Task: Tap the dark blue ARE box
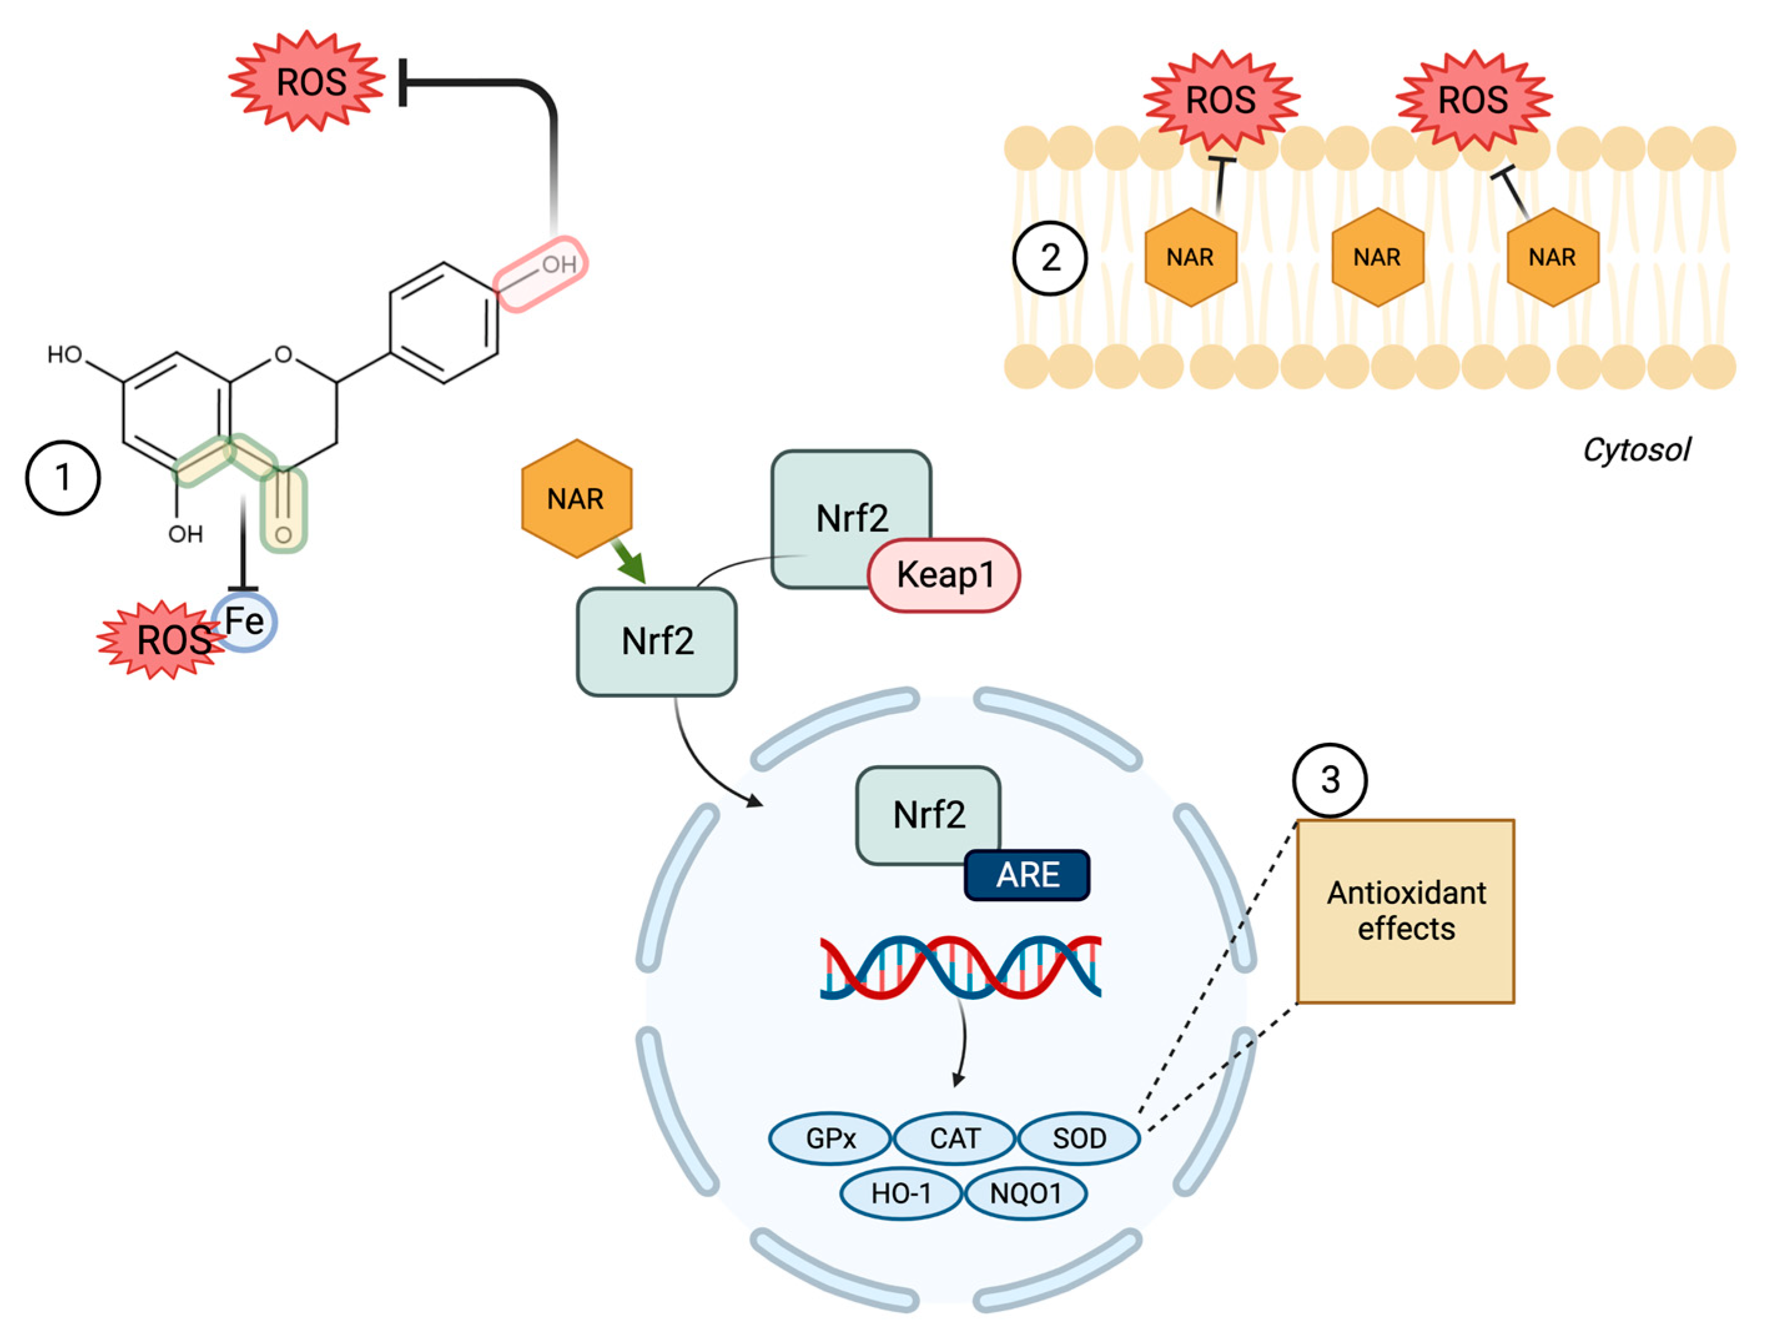point(1027,874)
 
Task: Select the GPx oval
point(830,1138)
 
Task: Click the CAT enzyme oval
point(954,1138)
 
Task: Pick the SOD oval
point(1078,1138)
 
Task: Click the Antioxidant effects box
point(1405,911)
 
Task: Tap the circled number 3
point(1330,780)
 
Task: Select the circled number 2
point(1050,258)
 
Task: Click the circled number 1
point(62,477)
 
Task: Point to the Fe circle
point(245,622)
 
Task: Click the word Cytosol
point(1636,450)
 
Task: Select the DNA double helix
point(960,967)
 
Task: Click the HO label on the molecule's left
point(65,355)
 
